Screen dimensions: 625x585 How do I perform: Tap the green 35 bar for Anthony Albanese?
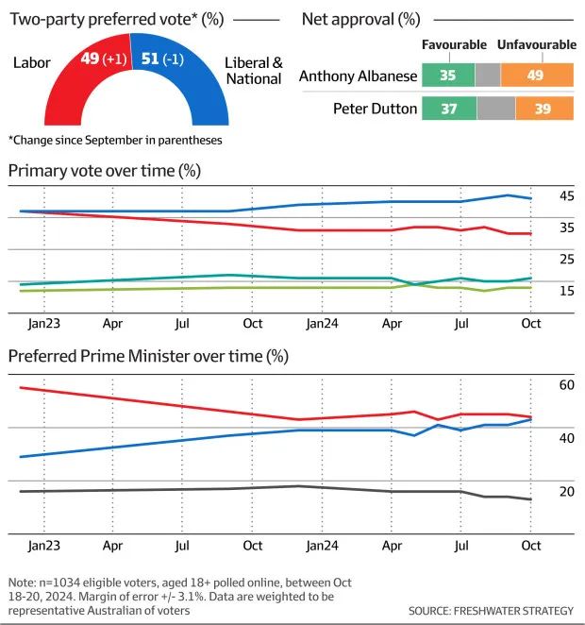[447, 76]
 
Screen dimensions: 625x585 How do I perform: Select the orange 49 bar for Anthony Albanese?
[536, 76]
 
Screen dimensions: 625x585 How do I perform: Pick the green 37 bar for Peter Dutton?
[448, 108]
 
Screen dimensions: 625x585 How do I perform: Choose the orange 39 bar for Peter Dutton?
[544, 108]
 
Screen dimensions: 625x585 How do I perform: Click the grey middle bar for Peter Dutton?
[496, 108]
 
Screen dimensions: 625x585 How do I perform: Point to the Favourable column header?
[453, 44]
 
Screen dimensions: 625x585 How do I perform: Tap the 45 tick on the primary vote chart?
[567, 196]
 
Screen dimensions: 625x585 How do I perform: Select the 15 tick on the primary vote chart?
[567, 291]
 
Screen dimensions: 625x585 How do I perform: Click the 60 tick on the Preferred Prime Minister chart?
[567, 385]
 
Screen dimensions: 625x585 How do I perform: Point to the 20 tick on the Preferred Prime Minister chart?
[567, 492]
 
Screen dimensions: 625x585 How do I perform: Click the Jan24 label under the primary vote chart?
[322, 323]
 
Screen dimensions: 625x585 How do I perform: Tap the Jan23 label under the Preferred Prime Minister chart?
[43, 545]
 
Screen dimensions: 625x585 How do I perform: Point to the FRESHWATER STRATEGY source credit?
[491, 611]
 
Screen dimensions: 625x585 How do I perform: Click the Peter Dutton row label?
[375, 108]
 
